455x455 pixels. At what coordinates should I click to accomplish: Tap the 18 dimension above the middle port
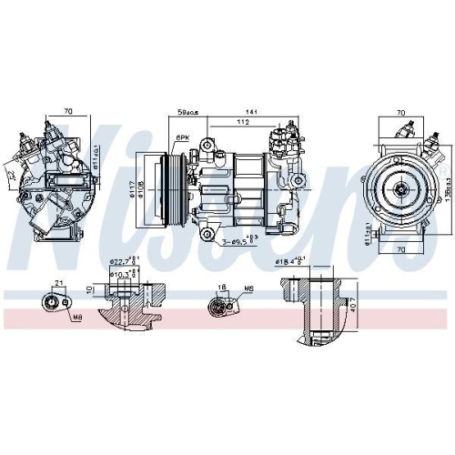point(220,287)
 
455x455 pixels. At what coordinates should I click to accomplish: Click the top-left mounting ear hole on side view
point(208,146)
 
